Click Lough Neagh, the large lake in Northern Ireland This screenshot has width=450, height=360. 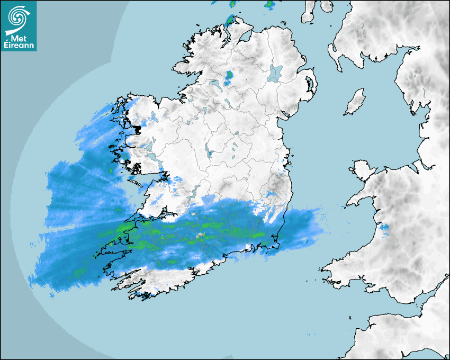click(x=275, y=73)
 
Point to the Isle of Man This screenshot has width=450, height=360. click(x=355, y=102)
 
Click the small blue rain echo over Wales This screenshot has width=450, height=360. click(x=384, y=229)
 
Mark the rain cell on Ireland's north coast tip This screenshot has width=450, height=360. click(x=230, y=21)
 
